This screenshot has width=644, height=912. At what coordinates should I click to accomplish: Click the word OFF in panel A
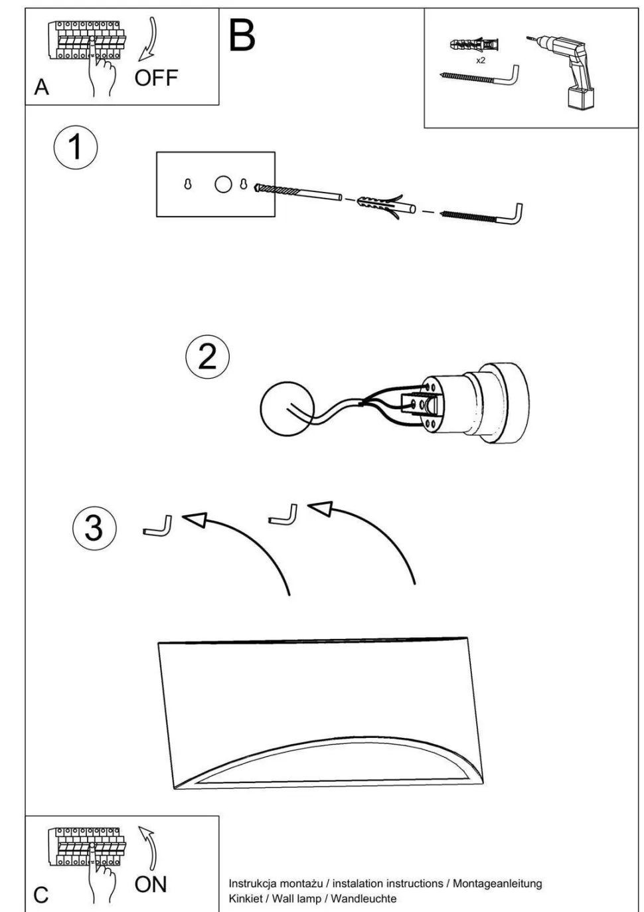tap(156, 78)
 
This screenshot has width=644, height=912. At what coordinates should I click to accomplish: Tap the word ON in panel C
tap(151, 884)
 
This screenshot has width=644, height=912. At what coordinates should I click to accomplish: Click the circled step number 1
tap(75, 147)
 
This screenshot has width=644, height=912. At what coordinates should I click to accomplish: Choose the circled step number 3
tap(94, 529)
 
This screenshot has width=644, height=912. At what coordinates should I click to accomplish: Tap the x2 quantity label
tap(481, 60)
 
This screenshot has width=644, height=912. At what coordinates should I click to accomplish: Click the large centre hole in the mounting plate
tap(224, 185)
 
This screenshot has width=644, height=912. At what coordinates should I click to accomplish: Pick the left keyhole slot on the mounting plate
tap(188, 185)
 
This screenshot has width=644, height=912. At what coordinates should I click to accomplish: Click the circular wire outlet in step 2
tap(287, 412)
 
